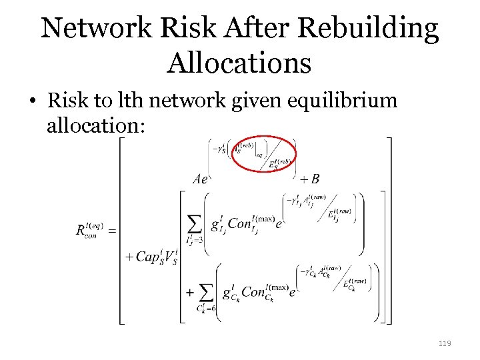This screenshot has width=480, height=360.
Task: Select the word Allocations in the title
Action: tap(239, 63)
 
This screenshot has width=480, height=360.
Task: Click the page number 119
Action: tap(445, 343)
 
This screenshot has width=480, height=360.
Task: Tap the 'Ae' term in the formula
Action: tap(201, 179)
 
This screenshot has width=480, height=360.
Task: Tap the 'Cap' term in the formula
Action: tap(149, 257)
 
